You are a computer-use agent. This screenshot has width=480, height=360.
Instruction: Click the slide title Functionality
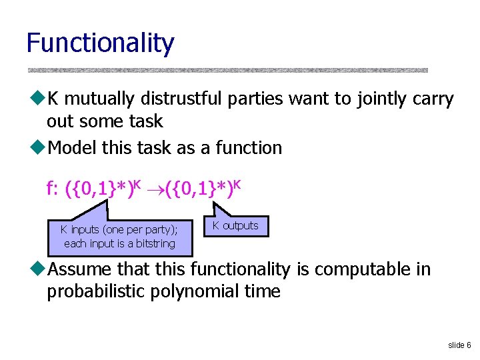coord(100,43)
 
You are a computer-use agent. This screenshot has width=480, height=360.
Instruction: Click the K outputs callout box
coord(235,226)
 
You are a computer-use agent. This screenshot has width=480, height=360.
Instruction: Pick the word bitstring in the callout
coord(155,244)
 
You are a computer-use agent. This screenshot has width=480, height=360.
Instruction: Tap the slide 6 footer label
coord(459,345)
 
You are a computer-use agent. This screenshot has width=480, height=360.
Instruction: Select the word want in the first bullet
coord(309,99)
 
